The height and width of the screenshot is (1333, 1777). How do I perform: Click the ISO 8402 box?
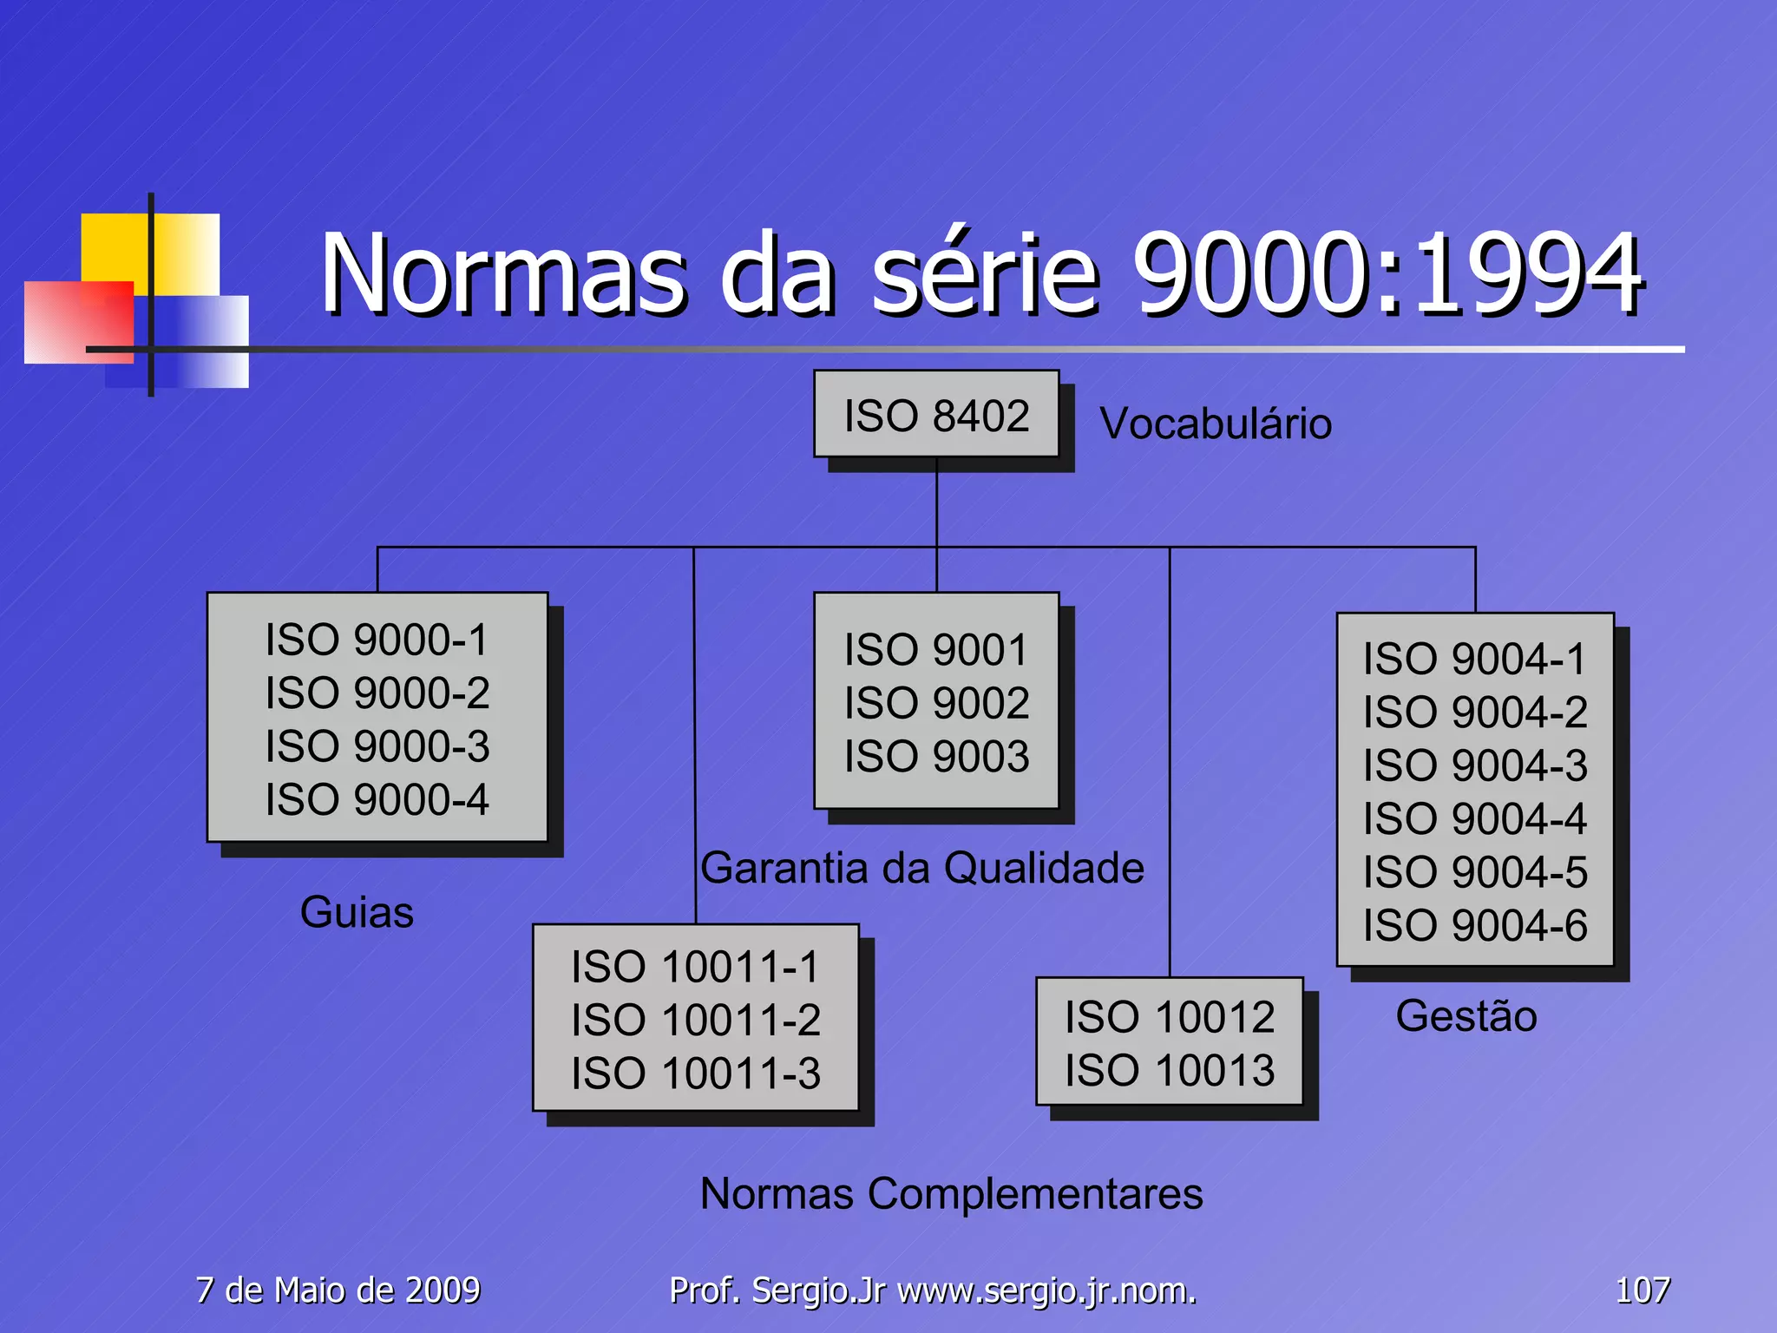936,415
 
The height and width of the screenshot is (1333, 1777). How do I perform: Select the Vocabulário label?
1216,424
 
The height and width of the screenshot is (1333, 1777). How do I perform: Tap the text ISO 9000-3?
377,746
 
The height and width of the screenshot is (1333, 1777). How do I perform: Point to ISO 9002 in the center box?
936,703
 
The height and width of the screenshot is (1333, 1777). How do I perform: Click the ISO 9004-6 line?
1474,925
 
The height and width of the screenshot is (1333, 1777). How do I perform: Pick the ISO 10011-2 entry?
695,1020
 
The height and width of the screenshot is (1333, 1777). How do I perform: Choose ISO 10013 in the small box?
1170,1070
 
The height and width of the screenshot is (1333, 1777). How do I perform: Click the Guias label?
357,912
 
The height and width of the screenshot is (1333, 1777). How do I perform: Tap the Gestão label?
1466,1015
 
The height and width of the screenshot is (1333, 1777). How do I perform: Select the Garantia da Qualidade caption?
922,868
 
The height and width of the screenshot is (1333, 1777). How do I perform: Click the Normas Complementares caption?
951,1193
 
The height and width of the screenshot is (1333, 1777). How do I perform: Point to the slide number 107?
1642,1290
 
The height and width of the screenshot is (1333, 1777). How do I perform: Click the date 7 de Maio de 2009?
338,1290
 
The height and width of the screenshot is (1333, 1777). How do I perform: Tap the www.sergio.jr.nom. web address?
1046,1290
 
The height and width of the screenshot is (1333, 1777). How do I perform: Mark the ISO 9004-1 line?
1474,659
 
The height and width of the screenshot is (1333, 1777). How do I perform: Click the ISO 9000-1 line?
377,640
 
